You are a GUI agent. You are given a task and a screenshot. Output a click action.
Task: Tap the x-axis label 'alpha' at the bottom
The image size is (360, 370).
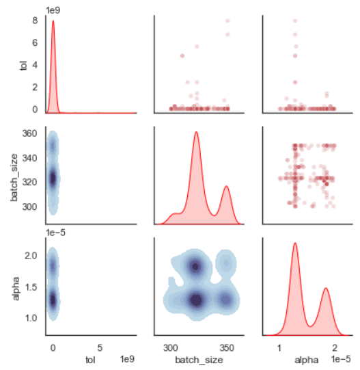306,358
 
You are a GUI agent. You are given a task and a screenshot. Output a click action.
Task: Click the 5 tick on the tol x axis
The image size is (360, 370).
100,347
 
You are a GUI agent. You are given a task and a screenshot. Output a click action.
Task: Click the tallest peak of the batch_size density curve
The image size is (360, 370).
197,132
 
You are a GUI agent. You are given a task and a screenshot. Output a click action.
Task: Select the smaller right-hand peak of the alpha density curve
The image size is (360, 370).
327,289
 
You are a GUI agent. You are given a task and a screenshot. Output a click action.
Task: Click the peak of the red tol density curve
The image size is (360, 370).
53,21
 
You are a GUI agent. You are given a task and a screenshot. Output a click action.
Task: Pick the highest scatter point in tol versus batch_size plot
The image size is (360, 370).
228,21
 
